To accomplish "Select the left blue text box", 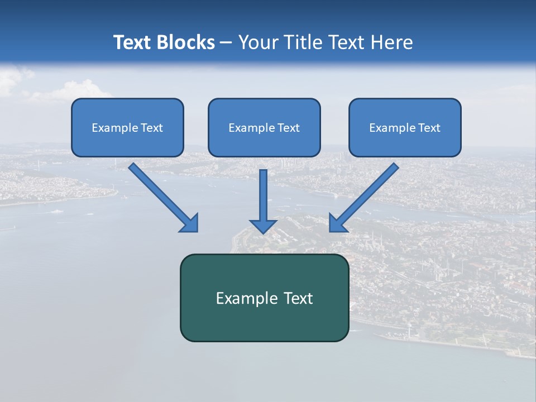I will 127,127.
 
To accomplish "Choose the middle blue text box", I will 264,127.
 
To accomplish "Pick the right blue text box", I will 405,127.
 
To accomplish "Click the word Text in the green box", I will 298,298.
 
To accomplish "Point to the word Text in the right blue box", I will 429,128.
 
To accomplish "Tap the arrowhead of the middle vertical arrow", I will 263,226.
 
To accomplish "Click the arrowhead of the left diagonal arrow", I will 190,223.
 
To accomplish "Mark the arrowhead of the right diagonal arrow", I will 337,223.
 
